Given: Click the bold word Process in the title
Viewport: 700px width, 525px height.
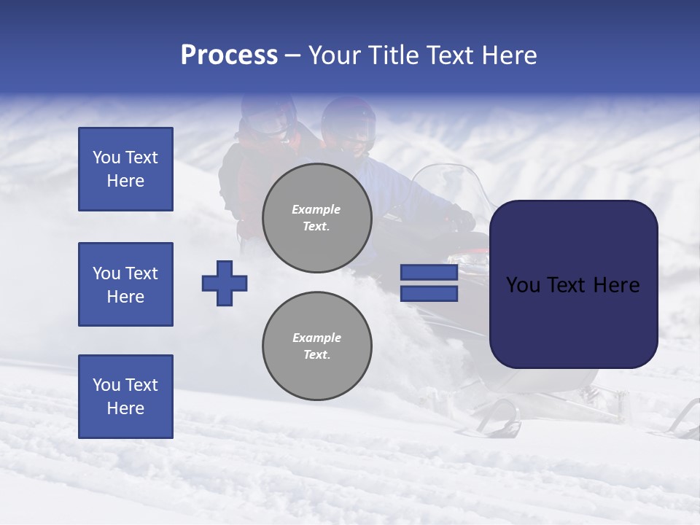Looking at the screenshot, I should (x=229, y=55).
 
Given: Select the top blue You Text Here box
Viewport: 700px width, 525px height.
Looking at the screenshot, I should (x=125, y=169).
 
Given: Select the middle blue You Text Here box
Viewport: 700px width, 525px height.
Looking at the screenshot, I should (x=125, y=284).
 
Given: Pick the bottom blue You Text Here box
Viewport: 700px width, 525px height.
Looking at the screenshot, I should (x=125, y=396).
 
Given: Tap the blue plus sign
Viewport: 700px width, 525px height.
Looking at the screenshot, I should (x=225, y=282).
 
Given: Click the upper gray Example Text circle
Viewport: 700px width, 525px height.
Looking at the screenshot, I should (x=316, y=218).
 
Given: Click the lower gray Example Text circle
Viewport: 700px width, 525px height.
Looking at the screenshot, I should (x=316, y=346).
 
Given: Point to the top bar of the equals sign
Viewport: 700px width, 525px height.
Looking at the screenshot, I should (x=429, y=273).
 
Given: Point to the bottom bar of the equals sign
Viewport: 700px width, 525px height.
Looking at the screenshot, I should (x=429, y=293).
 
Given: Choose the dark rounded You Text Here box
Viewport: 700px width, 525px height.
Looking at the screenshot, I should (x=573, y=284).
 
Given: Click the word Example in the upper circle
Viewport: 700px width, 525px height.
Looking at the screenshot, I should (x=316, y=209).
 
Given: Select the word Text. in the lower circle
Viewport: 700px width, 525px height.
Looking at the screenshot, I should (x=316, y=354).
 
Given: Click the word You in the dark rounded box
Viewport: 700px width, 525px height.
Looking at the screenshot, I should (x=522, y=284).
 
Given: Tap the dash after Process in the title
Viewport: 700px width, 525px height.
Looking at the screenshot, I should (x=293, y=55).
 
